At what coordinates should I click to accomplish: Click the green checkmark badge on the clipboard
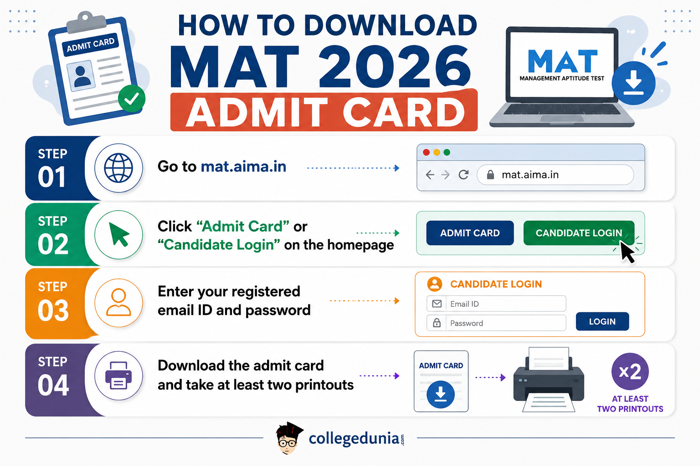(132, 98)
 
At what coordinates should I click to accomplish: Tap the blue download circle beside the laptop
(633, 83)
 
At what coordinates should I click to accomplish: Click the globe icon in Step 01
(118, 168)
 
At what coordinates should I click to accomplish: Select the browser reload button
(463, 174)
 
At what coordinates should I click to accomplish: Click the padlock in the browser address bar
(490, 174)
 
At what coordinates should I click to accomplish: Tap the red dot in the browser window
(426, 152)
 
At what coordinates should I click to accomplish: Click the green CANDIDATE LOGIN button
(579, 233)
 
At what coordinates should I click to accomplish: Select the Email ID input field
(496, 304)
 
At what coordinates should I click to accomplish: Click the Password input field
(496, 323)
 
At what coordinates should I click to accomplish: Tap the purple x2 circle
(630, 371)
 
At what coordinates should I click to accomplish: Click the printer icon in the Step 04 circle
(118, 375)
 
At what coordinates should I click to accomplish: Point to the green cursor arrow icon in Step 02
(119, 235)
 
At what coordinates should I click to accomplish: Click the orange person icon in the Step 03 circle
(118, 303)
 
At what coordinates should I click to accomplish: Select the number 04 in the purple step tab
(53, 385)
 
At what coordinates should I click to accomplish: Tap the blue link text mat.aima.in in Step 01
(243, 167)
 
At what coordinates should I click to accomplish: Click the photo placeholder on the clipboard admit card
(81, 76)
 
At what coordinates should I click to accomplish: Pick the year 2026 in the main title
(395, 67)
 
